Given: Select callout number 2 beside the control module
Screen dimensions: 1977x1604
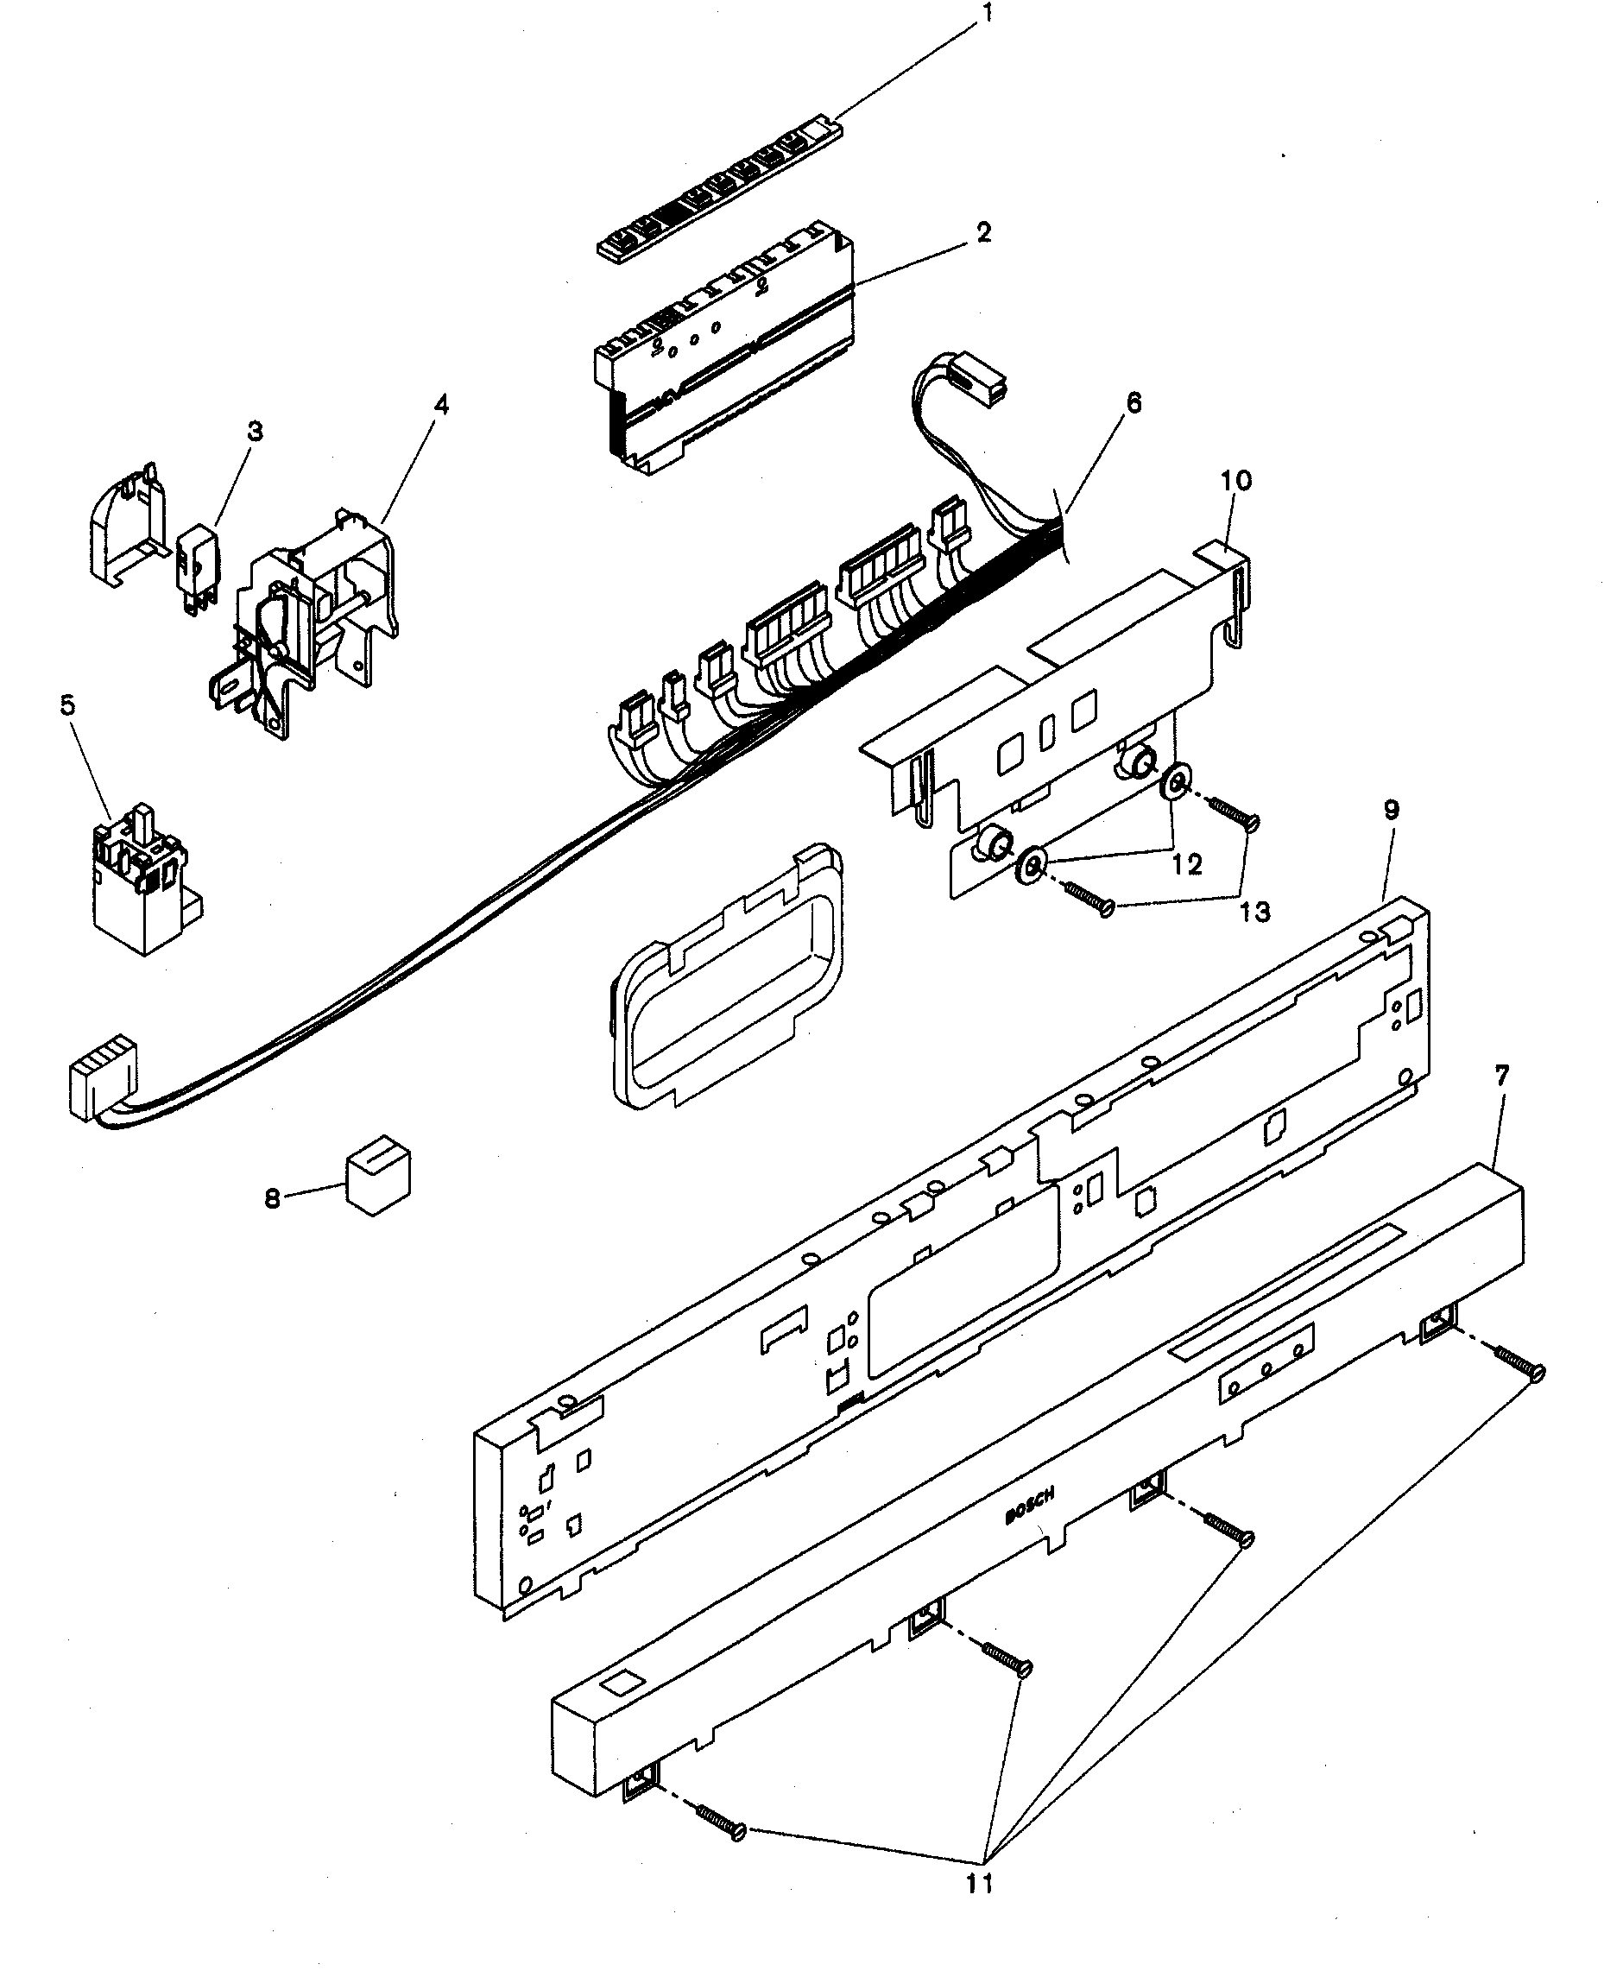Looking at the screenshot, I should [x=984, y=233].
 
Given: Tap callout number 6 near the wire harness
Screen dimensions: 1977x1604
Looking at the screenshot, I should [x=1134, y=403].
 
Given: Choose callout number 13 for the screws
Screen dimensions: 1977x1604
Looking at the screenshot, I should [x=1254, y=913].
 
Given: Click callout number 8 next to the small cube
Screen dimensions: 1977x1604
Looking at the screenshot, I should [x=273, y=1199].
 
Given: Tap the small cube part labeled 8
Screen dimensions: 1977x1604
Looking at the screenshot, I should [x=378, y=1184].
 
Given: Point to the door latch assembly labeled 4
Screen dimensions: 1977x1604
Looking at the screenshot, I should [x=310, y=628].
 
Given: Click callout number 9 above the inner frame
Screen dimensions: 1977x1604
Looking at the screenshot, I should [x=1392, y=810].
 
